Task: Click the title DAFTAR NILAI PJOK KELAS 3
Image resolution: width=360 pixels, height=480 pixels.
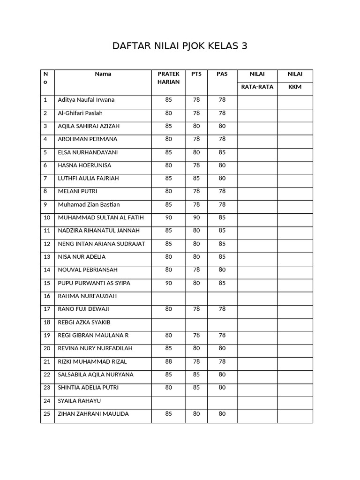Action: click(180, 46)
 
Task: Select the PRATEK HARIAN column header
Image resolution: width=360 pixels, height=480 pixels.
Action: click(169, 78)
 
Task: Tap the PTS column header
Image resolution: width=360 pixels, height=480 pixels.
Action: click(196, 74)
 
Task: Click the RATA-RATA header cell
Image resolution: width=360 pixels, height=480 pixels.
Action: click(257, 87)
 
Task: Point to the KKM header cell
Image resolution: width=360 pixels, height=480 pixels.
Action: click(295, 87)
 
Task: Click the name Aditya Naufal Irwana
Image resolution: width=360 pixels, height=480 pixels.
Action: click(86, 100)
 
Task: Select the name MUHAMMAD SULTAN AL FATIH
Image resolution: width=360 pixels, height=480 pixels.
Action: click(101, 217)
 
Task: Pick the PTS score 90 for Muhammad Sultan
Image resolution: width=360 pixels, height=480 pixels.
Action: click(196, 217)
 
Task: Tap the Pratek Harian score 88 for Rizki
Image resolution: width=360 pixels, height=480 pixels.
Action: click(169, 361)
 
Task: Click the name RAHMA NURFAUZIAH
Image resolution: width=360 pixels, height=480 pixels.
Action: click(87, 296)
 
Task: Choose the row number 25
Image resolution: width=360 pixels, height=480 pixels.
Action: click(47, 414)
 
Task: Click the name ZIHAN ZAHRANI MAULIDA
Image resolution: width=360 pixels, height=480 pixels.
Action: click(93, 414)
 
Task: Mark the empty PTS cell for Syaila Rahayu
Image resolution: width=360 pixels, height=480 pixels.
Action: click(196, 401)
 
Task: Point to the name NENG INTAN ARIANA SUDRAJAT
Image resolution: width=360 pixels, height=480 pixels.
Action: click(101, 244)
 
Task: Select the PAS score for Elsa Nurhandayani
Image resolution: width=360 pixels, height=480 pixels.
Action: click(222, 152)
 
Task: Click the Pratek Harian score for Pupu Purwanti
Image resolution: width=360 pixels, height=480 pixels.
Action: click(169, 283)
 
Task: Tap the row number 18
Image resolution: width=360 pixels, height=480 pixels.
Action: click(47, 322)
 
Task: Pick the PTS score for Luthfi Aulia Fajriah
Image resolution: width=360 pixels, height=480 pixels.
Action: click(196, 178)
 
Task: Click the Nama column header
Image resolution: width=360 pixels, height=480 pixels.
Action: click(103, 74)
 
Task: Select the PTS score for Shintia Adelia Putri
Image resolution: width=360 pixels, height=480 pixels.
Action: click(196, 388)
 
